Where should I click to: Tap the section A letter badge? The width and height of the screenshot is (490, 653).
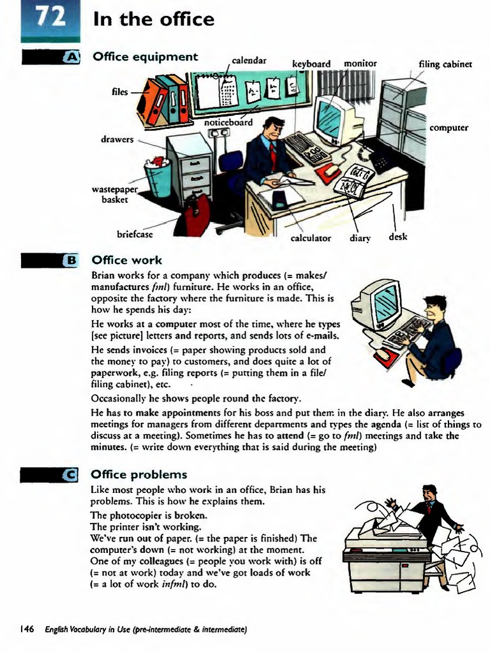click(x=73, y=58)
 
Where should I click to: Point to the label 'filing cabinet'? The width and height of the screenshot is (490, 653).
click(x=445, y=64)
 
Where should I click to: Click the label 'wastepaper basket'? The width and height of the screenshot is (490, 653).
click(x=115, y=194)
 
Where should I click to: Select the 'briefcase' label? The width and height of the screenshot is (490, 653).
click(x=135, y=233)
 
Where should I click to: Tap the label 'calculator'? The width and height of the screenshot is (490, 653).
click(x=311, y=238)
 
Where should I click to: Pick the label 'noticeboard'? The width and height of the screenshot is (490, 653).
click(x=228, y=122)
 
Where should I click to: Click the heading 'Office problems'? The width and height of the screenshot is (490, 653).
click(x=140, y=474)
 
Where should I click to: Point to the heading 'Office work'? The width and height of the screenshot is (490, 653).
click(x=127, y=260)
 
